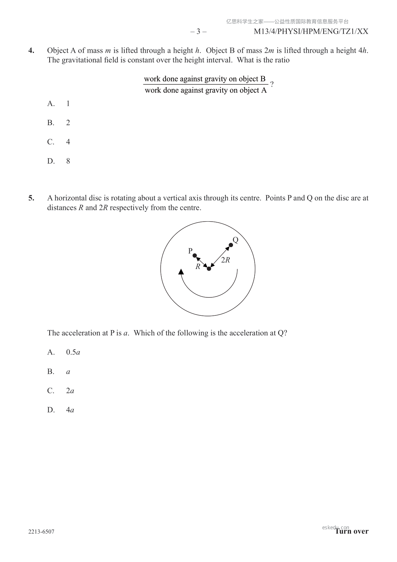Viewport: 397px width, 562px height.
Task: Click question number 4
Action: pyautogui.click(x=31, y=51)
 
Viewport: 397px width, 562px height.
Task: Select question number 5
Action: pyautogui.click(x=31, y=198)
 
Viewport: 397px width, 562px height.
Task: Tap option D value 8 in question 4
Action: pyautogui.click(x=68, y=161)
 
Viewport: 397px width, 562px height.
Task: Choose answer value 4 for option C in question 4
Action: pyautogui.click(x=68, y=142)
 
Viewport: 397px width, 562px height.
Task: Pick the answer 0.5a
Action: pyautogui.click(x=73, y=352)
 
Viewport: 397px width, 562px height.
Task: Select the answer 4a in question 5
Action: pyautogui.click(x=70, y=410)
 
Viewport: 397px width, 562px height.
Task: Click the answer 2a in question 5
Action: pyautogui.click(x=70, y=391)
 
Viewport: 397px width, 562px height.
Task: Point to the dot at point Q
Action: pyautogui.click(x=231, y=245)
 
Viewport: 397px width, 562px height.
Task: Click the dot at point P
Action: pyautogui.click(x=195, y=256)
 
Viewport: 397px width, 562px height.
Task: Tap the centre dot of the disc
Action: pyautogui.click(x=209, y=269)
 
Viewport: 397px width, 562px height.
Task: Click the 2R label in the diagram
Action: pyautogui.click(x=226, y=260)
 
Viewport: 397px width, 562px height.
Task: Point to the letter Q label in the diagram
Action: pyautogui.click(x=235, y=240)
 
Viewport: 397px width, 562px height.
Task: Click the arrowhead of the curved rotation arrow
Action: pyautogui.click(x=181, y=272)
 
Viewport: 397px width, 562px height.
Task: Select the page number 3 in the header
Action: pyautogui.click(x=198, y=32)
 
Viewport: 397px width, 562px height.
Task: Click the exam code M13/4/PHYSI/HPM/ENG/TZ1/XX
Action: pyautogui.click(x=311, y=32)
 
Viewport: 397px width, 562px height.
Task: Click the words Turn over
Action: pyautogui.click(x=352, y=531)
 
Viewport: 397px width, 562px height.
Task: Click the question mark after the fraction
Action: pyautogui.click(x=272, y=84)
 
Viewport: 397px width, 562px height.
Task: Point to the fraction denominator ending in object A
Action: pyautogui.click(x=206, y=90)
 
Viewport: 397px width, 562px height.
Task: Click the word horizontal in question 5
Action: pyautogui.click(x=71, y=198)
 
